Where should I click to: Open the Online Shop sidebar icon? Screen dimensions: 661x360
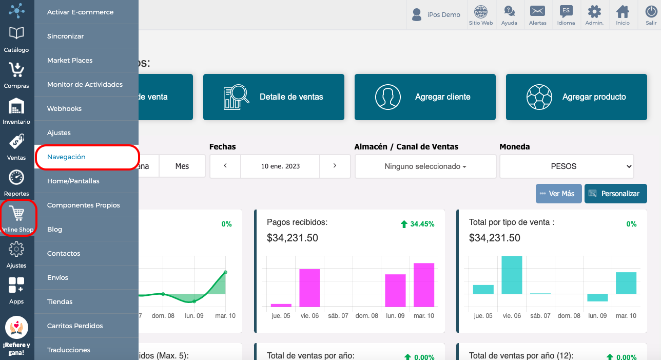[x=17, y=218]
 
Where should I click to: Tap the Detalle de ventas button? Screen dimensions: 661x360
[x=274, y=97]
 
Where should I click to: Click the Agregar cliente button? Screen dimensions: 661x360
[x=425, y=97]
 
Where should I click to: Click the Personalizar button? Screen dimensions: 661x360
[x=615, y=194]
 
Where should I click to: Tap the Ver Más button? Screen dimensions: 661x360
[x=558, y=194]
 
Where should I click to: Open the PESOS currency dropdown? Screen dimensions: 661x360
[x=567, y=166]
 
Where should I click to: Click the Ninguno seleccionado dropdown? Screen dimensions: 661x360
[x=425, y=166]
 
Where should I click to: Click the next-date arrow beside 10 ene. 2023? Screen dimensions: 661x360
[x=335, y=166]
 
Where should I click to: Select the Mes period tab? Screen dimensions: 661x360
[x=182, y=166]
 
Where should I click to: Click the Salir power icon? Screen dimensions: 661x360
[x=651, y=12]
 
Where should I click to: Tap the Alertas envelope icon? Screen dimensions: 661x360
[x=537, y=11]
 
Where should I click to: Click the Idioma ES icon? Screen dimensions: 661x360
[x=566, y=11]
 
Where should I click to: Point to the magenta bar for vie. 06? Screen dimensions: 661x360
[x=309, y=288]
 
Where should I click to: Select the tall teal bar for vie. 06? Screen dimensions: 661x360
[x=512, y=275]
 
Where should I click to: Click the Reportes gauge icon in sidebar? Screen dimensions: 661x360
[x=16, y=178]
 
